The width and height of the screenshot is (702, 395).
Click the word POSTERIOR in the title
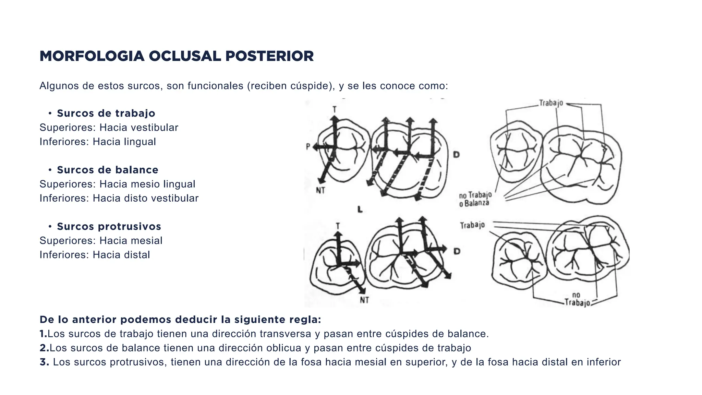(x=269, y=56)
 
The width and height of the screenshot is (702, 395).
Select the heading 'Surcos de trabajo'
(x=106, y=113)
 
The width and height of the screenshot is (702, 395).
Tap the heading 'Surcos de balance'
(x=108, y=170)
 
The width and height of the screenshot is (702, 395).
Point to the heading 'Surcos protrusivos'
(x=109, y=226)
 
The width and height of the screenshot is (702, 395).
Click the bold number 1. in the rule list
(x=43, y=334)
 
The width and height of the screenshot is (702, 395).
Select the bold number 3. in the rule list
(x=44, y=362)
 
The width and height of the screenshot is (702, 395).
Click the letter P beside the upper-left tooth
(x=308, y=147)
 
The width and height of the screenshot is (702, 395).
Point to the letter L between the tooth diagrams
(x=360, y=209)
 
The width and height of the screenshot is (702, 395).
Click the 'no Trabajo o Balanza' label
(x=475, y=199)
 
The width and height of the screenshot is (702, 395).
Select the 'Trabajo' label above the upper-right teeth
(x=551, y=103)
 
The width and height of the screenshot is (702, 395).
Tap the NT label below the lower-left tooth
(x=364, y=300)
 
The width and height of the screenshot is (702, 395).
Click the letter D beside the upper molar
(x=457, y=155)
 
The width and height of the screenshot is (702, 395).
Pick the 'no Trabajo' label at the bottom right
(x=577, y=299)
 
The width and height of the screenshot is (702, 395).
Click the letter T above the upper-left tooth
(x=335, y=110)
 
